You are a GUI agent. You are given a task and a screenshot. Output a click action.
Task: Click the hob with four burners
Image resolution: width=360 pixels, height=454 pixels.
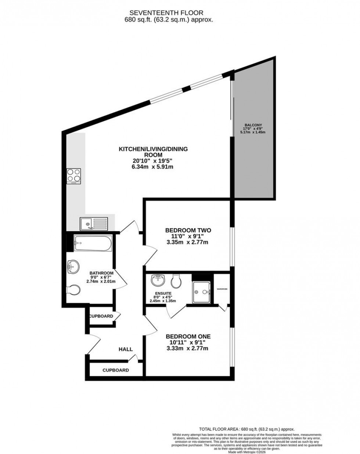point(73,176)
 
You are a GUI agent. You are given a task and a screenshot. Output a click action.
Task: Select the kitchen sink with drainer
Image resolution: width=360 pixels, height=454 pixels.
point(94,223)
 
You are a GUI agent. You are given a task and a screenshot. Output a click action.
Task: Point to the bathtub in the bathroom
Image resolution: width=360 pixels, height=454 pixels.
point(92,243)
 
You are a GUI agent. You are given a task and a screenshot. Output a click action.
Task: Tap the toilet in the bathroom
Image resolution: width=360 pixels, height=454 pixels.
point(73,290)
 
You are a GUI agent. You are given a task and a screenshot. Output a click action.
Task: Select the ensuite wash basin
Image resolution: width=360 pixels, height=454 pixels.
point(158,282)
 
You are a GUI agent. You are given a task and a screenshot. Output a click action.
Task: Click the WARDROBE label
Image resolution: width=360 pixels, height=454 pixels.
point(222,289)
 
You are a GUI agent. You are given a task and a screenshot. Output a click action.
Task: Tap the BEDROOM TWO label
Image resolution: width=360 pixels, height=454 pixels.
point(188,230)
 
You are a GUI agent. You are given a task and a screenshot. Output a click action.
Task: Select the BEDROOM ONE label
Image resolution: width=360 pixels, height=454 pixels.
point(188,336)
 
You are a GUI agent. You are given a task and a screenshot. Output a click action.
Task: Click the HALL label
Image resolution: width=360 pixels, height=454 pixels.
point(125,349)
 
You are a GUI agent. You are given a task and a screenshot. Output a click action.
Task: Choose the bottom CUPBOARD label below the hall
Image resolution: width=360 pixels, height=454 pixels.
point(116,370)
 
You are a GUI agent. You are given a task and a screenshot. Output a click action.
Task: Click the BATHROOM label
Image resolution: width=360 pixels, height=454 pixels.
point(101,273)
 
